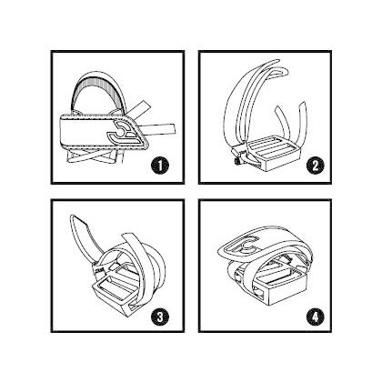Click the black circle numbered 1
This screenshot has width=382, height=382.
pyautogui.click(x=160, y=166)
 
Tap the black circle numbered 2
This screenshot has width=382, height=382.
pyautogui.click(x=316, y=166)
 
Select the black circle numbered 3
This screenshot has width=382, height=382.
pyautogui.click(x=160, y=317)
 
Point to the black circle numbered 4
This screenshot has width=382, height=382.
pyautogui.click(x=316, y=317)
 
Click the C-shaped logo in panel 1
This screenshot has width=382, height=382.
pyautogui.click(x=123, y=132)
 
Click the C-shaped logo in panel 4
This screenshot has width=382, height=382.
pyautogui.click(x=246, y=245)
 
